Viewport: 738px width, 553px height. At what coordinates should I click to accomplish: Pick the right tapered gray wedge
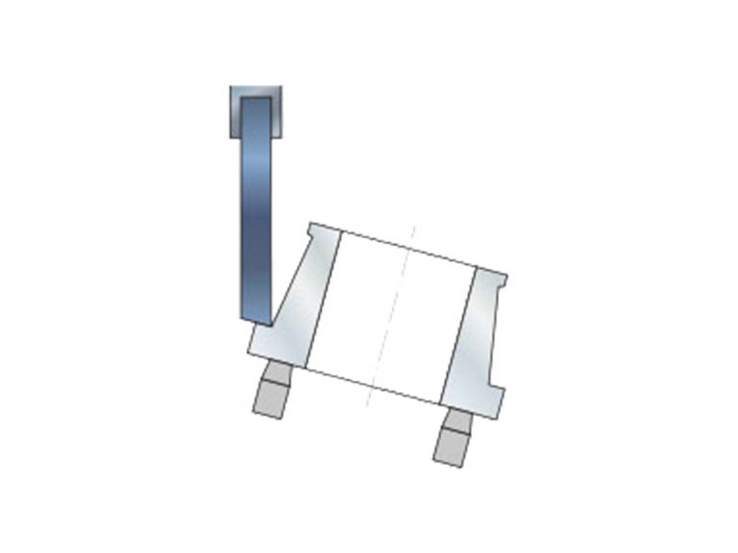(x=477, y=336)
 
